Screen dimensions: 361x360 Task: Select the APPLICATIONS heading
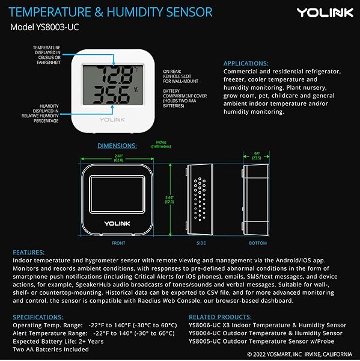click(246, 63)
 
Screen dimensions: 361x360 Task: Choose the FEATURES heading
click(28, 252)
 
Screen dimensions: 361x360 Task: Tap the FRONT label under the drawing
click(118, 243)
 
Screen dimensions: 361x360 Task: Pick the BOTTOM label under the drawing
click(258, 243)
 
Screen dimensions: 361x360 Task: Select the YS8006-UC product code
click(206, 326)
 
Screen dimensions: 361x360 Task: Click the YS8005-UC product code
click(206, 341)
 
